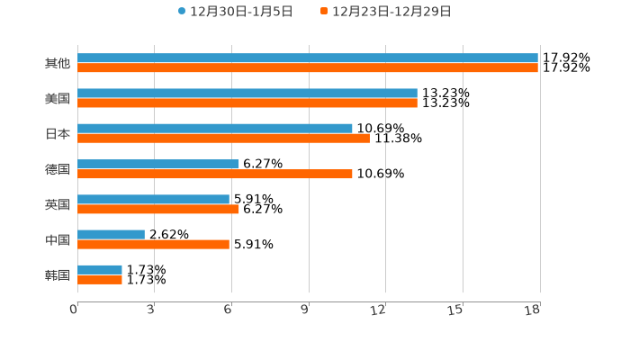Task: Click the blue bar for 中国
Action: tap(111, 234)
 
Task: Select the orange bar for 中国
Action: tap(153, 244)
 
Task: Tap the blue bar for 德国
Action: tap(158, 164)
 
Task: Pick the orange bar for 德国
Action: tap(215, 174)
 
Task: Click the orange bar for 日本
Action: tap(223, 139)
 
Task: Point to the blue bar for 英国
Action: tap(153, 199)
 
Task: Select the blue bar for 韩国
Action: tap(100, 269)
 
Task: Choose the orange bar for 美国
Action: tap(247, 103)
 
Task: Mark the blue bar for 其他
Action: tap(308, 58)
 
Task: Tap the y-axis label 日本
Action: tap(58, 134)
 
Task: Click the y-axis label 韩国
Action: tap(58, 274)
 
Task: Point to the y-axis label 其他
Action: tap(58, 64)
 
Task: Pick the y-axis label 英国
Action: tap(58, 204)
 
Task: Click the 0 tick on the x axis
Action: tap(74, 310)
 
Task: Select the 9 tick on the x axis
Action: tap(305, 310)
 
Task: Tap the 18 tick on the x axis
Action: tap(533, 310)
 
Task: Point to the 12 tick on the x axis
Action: tap(379, 310)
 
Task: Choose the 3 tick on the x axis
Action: tap(151, 310)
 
